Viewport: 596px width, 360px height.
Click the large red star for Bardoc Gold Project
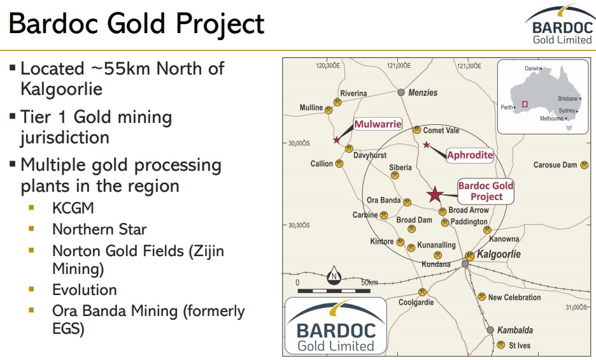point(435,194)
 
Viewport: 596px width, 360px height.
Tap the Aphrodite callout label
point(470,155)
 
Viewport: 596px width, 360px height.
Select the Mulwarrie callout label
point(378,124)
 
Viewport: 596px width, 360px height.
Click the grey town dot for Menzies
point(401,92)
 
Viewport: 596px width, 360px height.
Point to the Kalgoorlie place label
point(499,254)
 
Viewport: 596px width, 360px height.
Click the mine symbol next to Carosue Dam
point(584,165)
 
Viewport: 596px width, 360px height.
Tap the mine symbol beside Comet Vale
point(417,130)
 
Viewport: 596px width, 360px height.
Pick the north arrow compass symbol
point(334,275)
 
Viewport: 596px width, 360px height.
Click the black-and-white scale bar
point(334,291)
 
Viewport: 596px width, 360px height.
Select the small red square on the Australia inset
point(525,104)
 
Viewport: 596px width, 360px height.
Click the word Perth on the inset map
point(507,107)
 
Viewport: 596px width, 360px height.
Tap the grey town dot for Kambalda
point(490,329)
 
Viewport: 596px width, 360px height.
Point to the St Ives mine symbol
point(501,345)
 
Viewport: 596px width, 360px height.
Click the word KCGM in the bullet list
point(73,208)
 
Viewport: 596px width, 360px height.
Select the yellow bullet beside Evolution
point(31,289)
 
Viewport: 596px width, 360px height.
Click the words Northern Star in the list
point(99,229)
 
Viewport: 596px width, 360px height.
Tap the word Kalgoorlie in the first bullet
point(62,89)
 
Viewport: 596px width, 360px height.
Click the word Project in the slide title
point(220,24)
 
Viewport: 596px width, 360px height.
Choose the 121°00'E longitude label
point(399,66)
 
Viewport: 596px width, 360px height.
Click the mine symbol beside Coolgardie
point(422,292)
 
